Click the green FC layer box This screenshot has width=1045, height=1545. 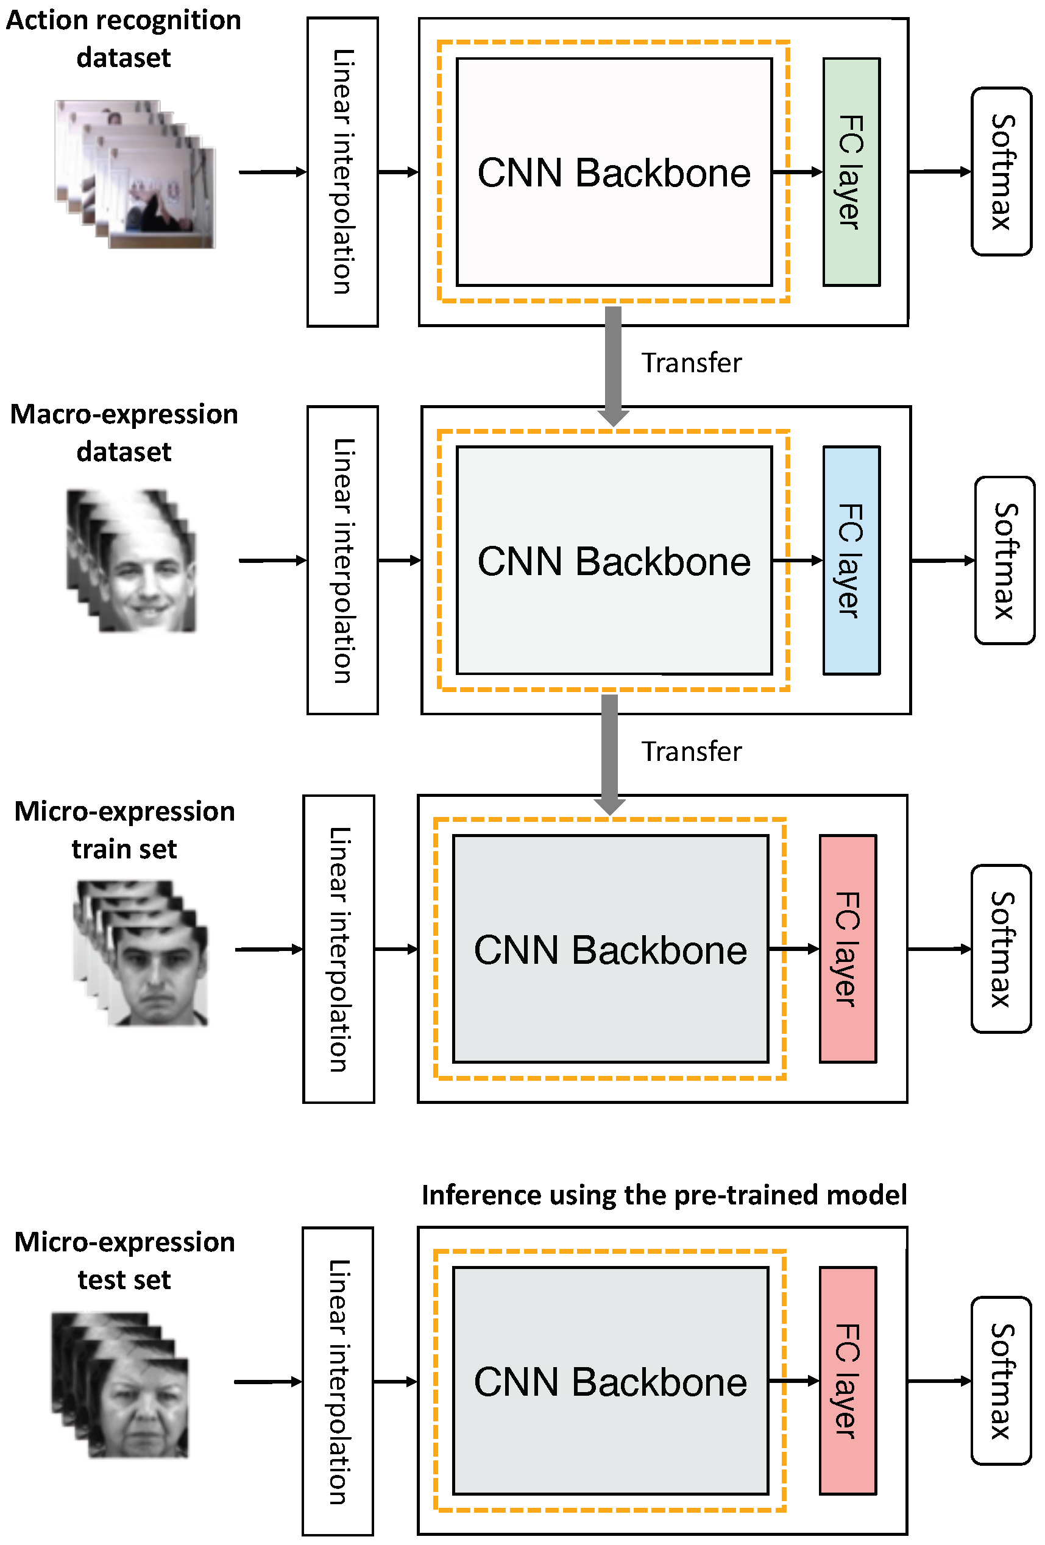point(850,172)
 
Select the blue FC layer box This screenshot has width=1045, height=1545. point(850,560)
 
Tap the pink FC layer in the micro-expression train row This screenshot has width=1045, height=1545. point(847,948)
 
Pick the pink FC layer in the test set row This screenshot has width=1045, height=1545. point(847,1380)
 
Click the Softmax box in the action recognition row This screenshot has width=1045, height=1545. point(1001,172)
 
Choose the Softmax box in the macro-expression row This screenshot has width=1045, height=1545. point(1004,560)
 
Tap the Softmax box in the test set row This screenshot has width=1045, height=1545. point(1001,1380)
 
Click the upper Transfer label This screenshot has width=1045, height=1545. point(691,363)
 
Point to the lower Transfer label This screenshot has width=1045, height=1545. point(691,751)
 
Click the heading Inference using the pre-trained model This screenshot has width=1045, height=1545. point(664,1195)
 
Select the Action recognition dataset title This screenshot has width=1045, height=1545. point(124,38)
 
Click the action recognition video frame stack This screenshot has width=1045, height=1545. point(136,174)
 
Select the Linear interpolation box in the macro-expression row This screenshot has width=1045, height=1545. point(342,560)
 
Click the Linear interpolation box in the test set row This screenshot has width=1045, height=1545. point(338,1380)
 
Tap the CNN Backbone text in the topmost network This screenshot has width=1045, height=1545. point(614,173)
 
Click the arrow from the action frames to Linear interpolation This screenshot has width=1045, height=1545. point(272,172)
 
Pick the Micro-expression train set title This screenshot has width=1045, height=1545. point(124,830)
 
